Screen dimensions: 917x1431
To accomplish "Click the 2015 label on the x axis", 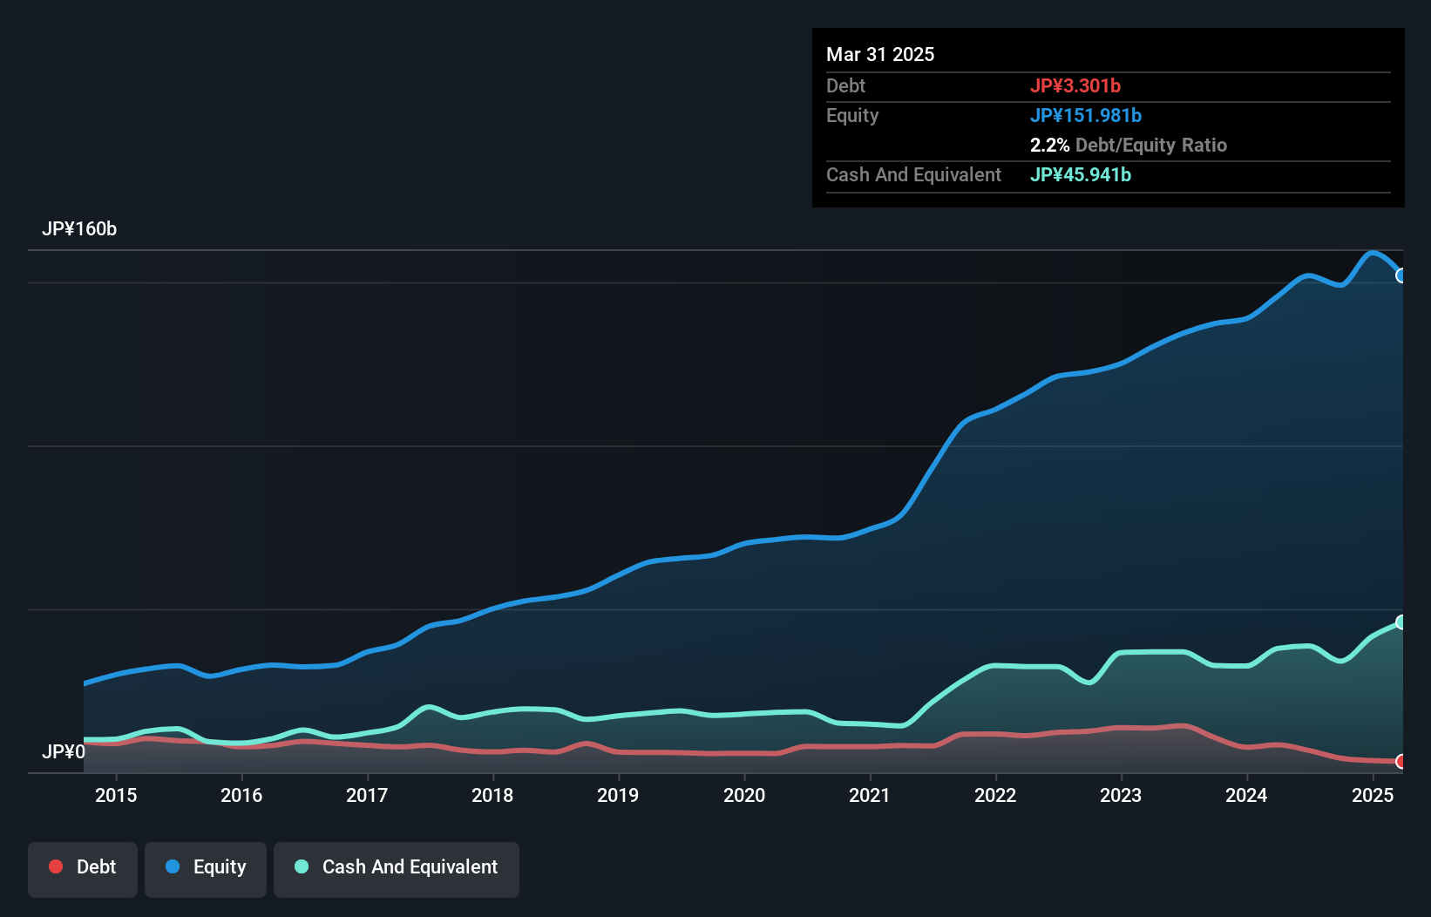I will tap(116, 795).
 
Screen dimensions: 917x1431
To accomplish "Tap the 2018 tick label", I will tap(492, 795).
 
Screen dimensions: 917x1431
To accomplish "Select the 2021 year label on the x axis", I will tap(870, 795).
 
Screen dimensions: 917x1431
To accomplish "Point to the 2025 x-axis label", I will tap(1373, 795).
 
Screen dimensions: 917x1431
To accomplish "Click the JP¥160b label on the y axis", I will tap(79, 229).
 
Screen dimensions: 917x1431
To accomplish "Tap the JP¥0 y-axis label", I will tap(64, 751).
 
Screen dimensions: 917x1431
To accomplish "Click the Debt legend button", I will tap(83, 867).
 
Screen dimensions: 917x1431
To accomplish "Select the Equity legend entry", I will tap(206, 867).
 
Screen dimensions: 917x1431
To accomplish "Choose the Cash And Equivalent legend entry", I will tap(397, 867).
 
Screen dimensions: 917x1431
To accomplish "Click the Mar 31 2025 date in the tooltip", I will tap(880, 54).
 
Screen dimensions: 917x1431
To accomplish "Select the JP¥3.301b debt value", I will tap(1075, 85).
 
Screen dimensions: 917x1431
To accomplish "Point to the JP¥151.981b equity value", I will tap(1086, 115).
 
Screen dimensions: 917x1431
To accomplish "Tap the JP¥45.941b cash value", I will tap(1081, 174).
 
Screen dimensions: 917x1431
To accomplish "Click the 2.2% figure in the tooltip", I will tap(1049, 145).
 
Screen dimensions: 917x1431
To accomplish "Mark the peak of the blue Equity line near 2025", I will tap(1372, 253).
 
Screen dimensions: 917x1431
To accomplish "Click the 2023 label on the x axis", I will tap(1121, 795).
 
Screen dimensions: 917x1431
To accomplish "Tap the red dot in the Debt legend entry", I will tap(56, 866).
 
